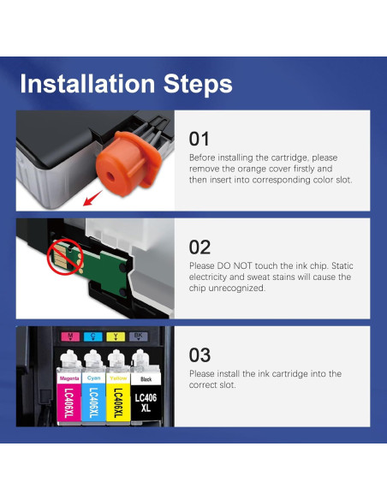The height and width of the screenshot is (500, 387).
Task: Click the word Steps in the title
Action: [x=199, y=84]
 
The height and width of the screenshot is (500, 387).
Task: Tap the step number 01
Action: [x=199, y=139]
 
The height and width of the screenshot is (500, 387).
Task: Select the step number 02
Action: [x=199, y=247]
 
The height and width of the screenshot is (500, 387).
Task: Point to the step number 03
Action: [x=199, y=355]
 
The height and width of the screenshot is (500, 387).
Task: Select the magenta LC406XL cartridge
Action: [x=68, y=392]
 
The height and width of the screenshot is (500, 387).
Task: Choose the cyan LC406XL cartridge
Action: [x=93, y=392]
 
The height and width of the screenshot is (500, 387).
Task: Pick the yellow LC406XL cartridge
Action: [x=117, y=392]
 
